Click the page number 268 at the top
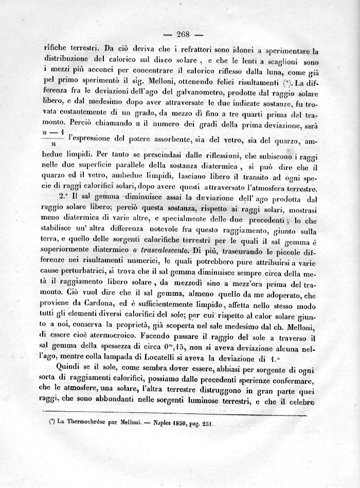(x=183, y=34)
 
